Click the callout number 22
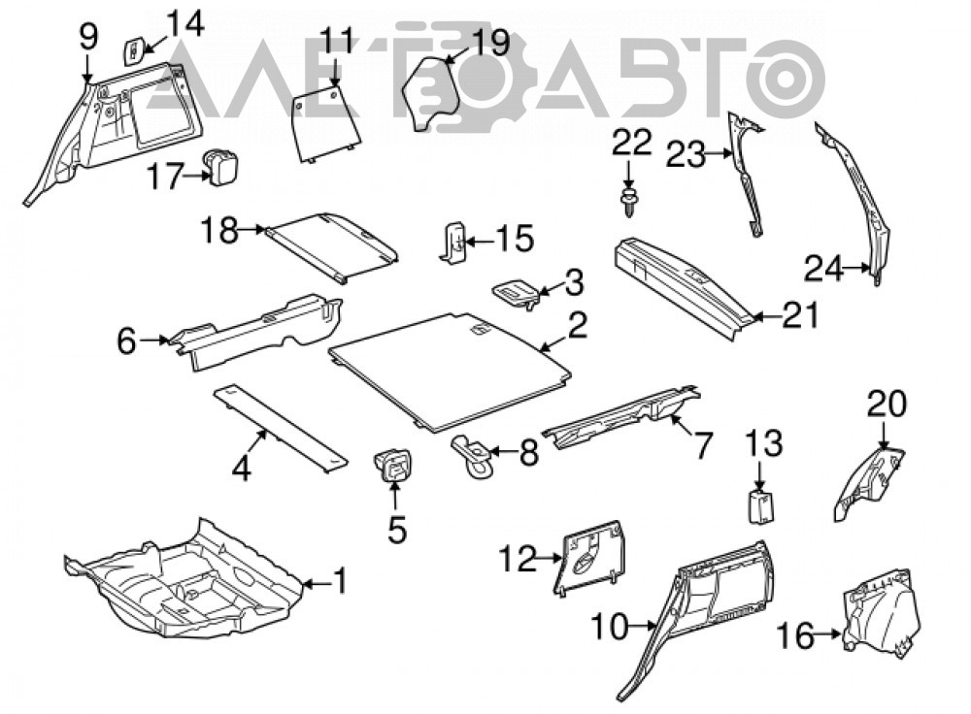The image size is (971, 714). click(x=632, y=143)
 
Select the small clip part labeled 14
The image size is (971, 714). click(x=134, y=51)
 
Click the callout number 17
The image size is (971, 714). click(x=165, y=176)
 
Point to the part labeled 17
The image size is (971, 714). click(x=221, y=166)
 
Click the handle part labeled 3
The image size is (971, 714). click(x=516, y=293)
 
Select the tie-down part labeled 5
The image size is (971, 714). click(x=392, y=465)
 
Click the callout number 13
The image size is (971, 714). click(x=763, y=443)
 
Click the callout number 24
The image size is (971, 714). click(x=823, y=269)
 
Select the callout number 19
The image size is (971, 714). click(x=490, y=44)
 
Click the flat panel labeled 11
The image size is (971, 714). click(x=325, y=122)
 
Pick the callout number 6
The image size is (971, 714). click(x=126, y=341)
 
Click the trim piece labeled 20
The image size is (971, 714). click(x=868, y=482)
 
